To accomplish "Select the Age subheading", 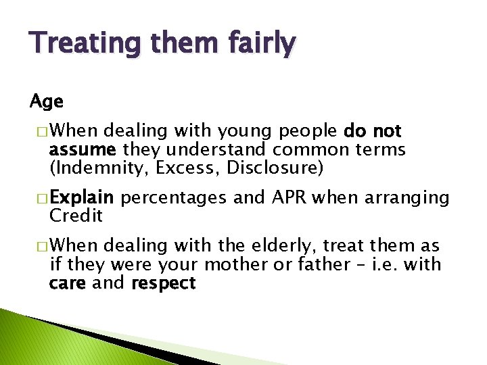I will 47,102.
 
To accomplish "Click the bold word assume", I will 75,149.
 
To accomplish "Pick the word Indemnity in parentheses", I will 99,168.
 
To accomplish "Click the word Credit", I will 76,216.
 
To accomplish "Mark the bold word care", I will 67,283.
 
